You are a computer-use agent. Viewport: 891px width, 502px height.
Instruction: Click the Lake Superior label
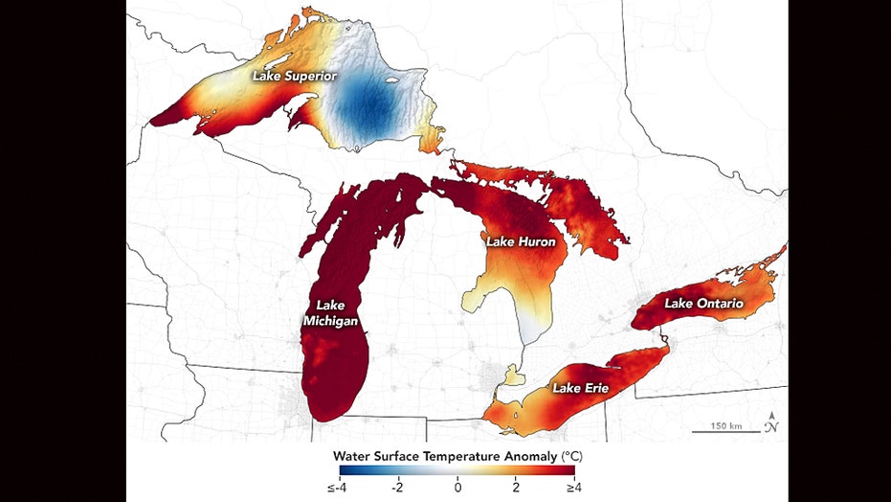[x=289, y=74]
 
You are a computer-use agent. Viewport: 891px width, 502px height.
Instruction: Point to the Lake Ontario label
[x=703, y=304]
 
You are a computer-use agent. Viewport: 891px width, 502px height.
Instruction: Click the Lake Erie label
[x=580, y=388]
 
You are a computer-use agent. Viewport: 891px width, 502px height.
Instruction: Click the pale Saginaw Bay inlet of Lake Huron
[x=476, y=298]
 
